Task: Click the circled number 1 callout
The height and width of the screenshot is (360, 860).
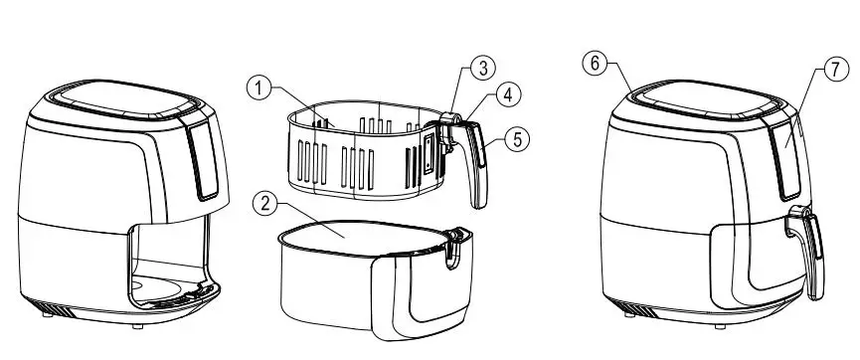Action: click(258, 88)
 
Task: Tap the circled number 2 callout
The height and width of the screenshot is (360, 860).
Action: click(264, 204)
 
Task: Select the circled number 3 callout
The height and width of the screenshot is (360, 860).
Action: click(482, 68)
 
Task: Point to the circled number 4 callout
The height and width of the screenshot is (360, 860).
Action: click(508, 94)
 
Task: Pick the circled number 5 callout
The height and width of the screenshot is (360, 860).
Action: click(517, 139)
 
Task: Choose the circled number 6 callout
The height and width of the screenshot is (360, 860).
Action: click(595, 64)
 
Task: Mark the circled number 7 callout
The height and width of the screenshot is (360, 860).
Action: click(835, 70)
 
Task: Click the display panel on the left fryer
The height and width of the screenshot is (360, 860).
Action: click(204, 159)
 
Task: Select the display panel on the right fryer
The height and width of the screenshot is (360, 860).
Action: click(786, 159)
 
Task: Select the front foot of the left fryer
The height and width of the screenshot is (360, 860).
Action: click(137, 325)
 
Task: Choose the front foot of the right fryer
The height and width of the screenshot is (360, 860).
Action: click(720, 326)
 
